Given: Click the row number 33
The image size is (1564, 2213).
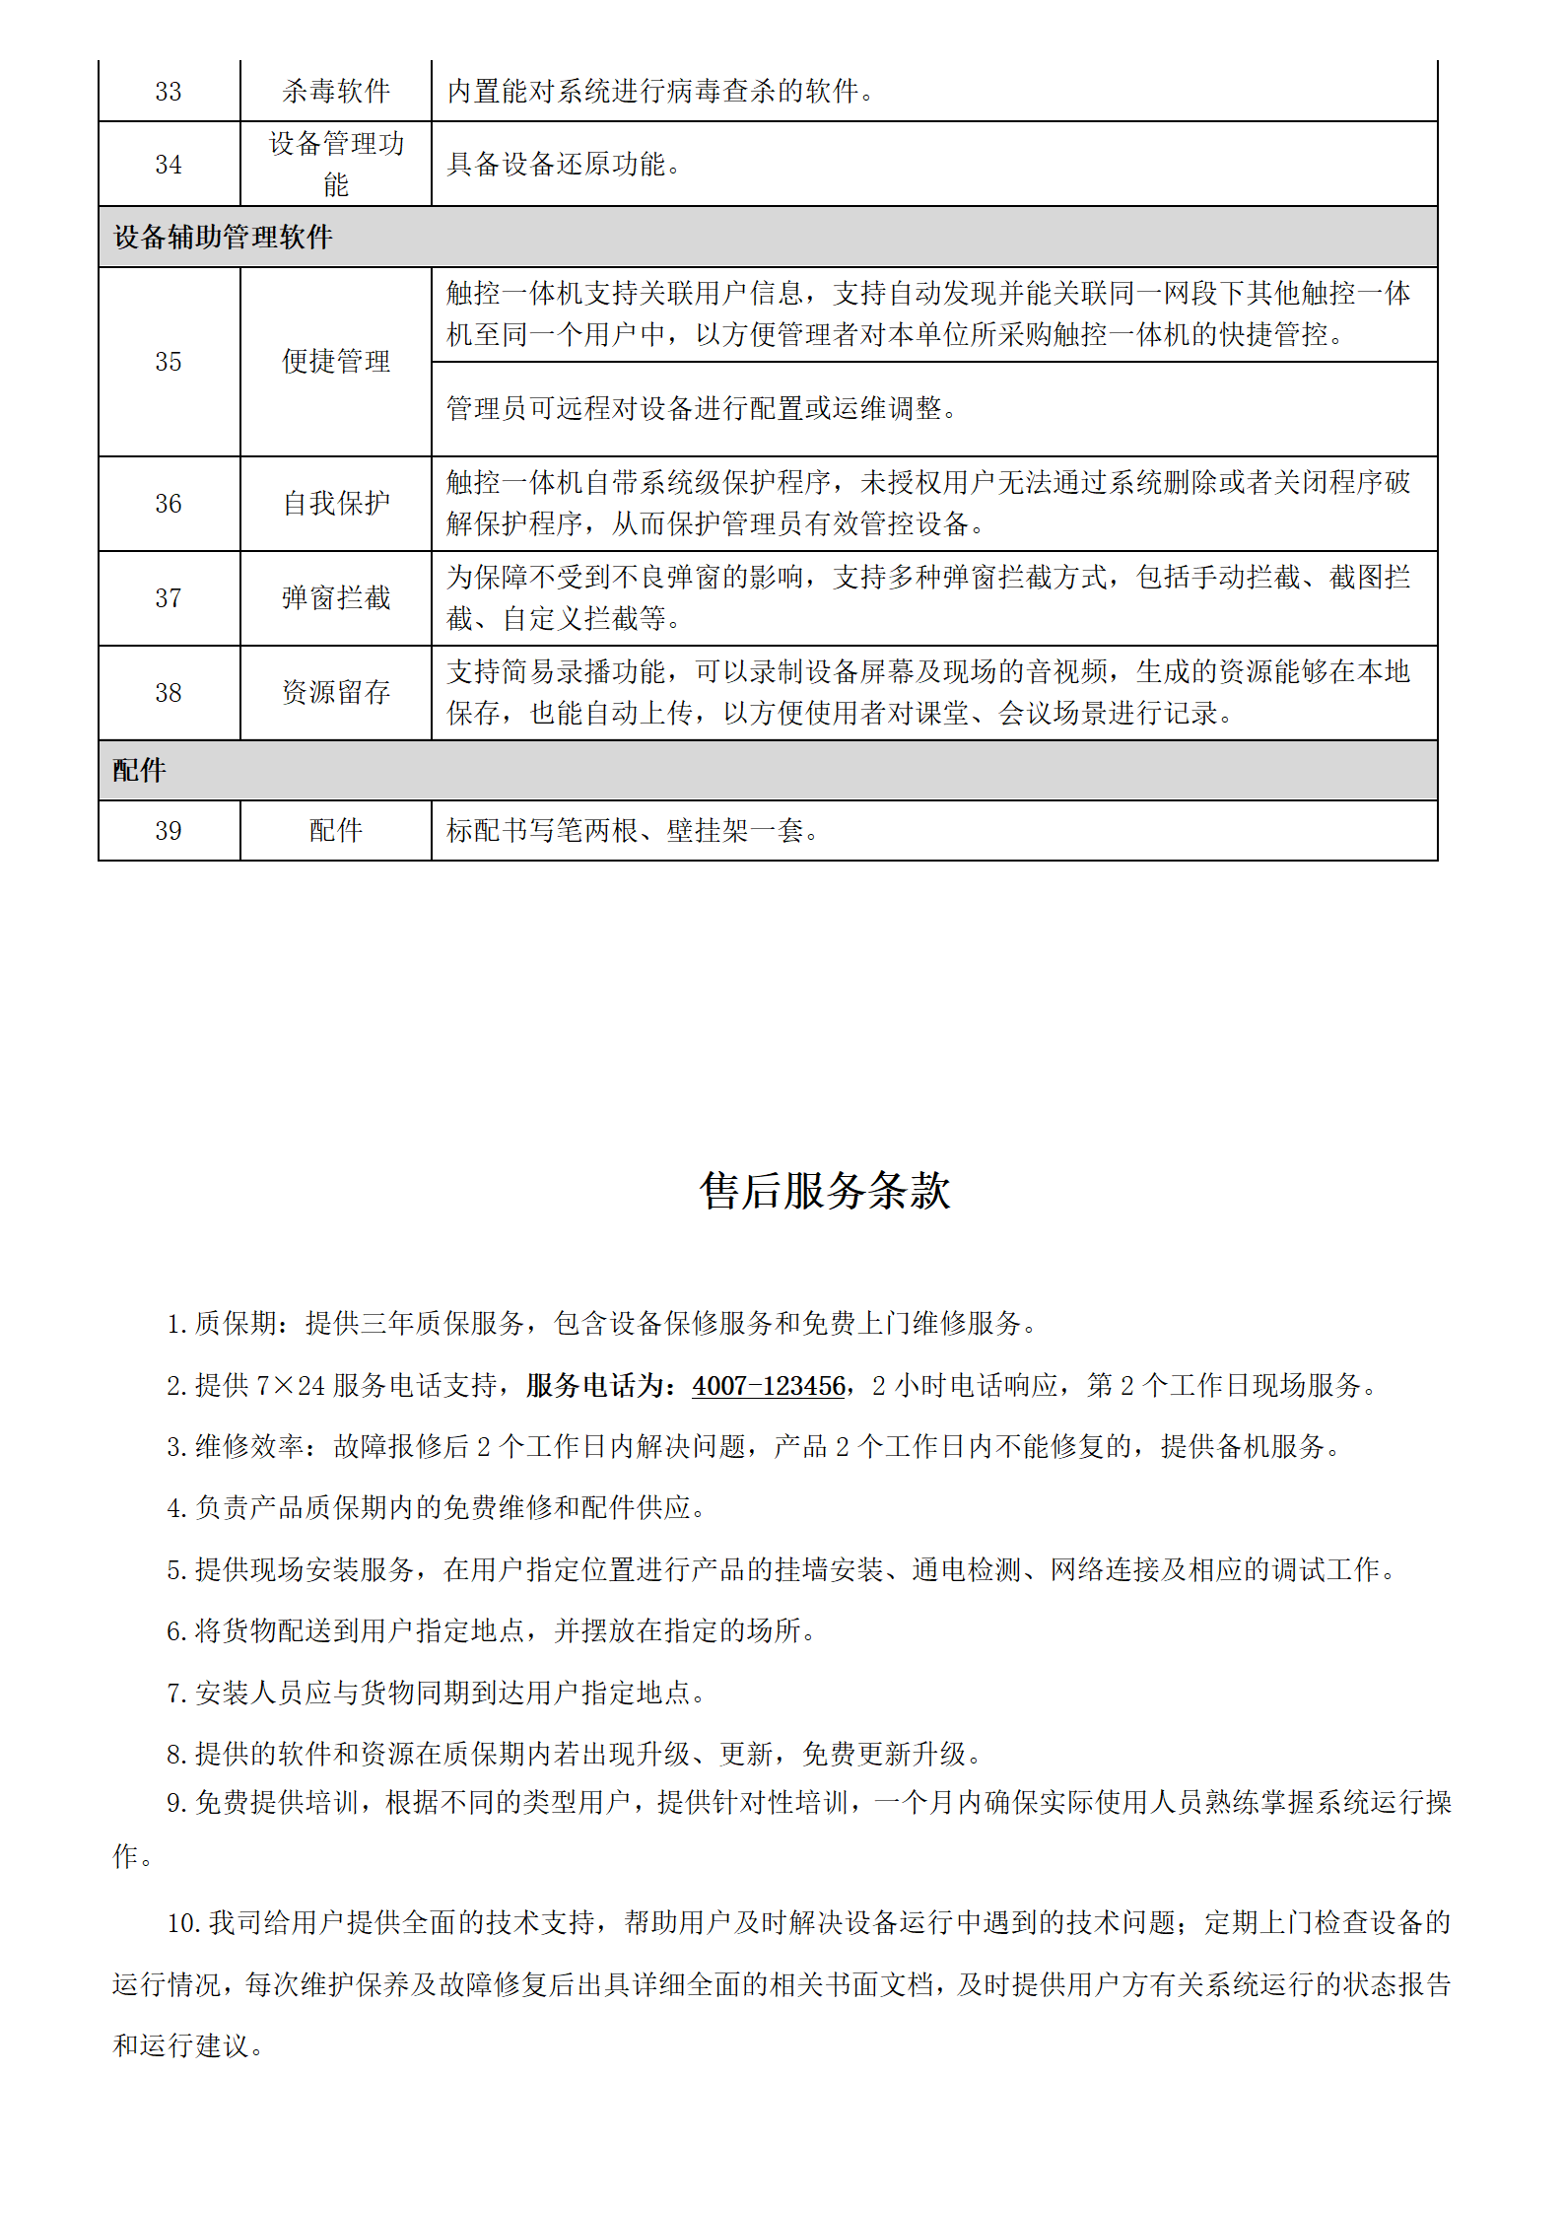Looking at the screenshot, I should (169, 92).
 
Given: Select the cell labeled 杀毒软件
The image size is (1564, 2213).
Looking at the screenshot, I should (336, 92).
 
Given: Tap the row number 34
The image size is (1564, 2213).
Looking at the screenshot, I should (169, 165).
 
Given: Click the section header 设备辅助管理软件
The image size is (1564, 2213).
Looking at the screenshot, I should (223, 238).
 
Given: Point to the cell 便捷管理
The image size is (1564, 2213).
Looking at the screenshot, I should (336, 362).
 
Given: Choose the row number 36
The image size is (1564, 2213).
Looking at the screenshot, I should (169, 504).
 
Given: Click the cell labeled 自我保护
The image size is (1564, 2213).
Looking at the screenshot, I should (336, 504).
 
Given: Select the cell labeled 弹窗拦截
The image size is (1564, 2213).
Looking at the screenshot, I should (336, 598).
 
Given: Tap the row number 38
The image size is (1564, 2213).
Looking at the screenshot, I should (169, 693).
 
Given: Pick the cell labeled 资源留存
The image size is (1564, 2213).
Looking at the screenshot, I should (336, 693).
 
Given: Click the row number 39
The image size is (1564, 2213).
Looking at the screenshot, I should (169, 831).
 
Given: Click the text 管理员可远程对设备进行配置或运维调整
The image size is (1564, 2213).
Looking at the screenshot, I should (702, 408).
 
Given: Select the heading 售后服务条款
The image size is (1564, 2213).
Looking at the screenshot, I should (825, 1191).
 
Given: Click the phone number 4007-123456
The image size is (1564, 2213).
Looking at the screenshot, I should (769, 1386).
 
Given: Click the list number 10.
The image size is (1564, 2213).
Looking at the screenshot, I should (183, 1923).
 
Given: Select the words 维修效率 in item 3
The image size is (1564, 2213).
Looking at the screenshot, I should (250, 1447).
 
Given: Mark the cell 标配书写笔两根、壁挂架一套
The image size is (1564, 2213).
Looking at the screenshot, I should (633, 831).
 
